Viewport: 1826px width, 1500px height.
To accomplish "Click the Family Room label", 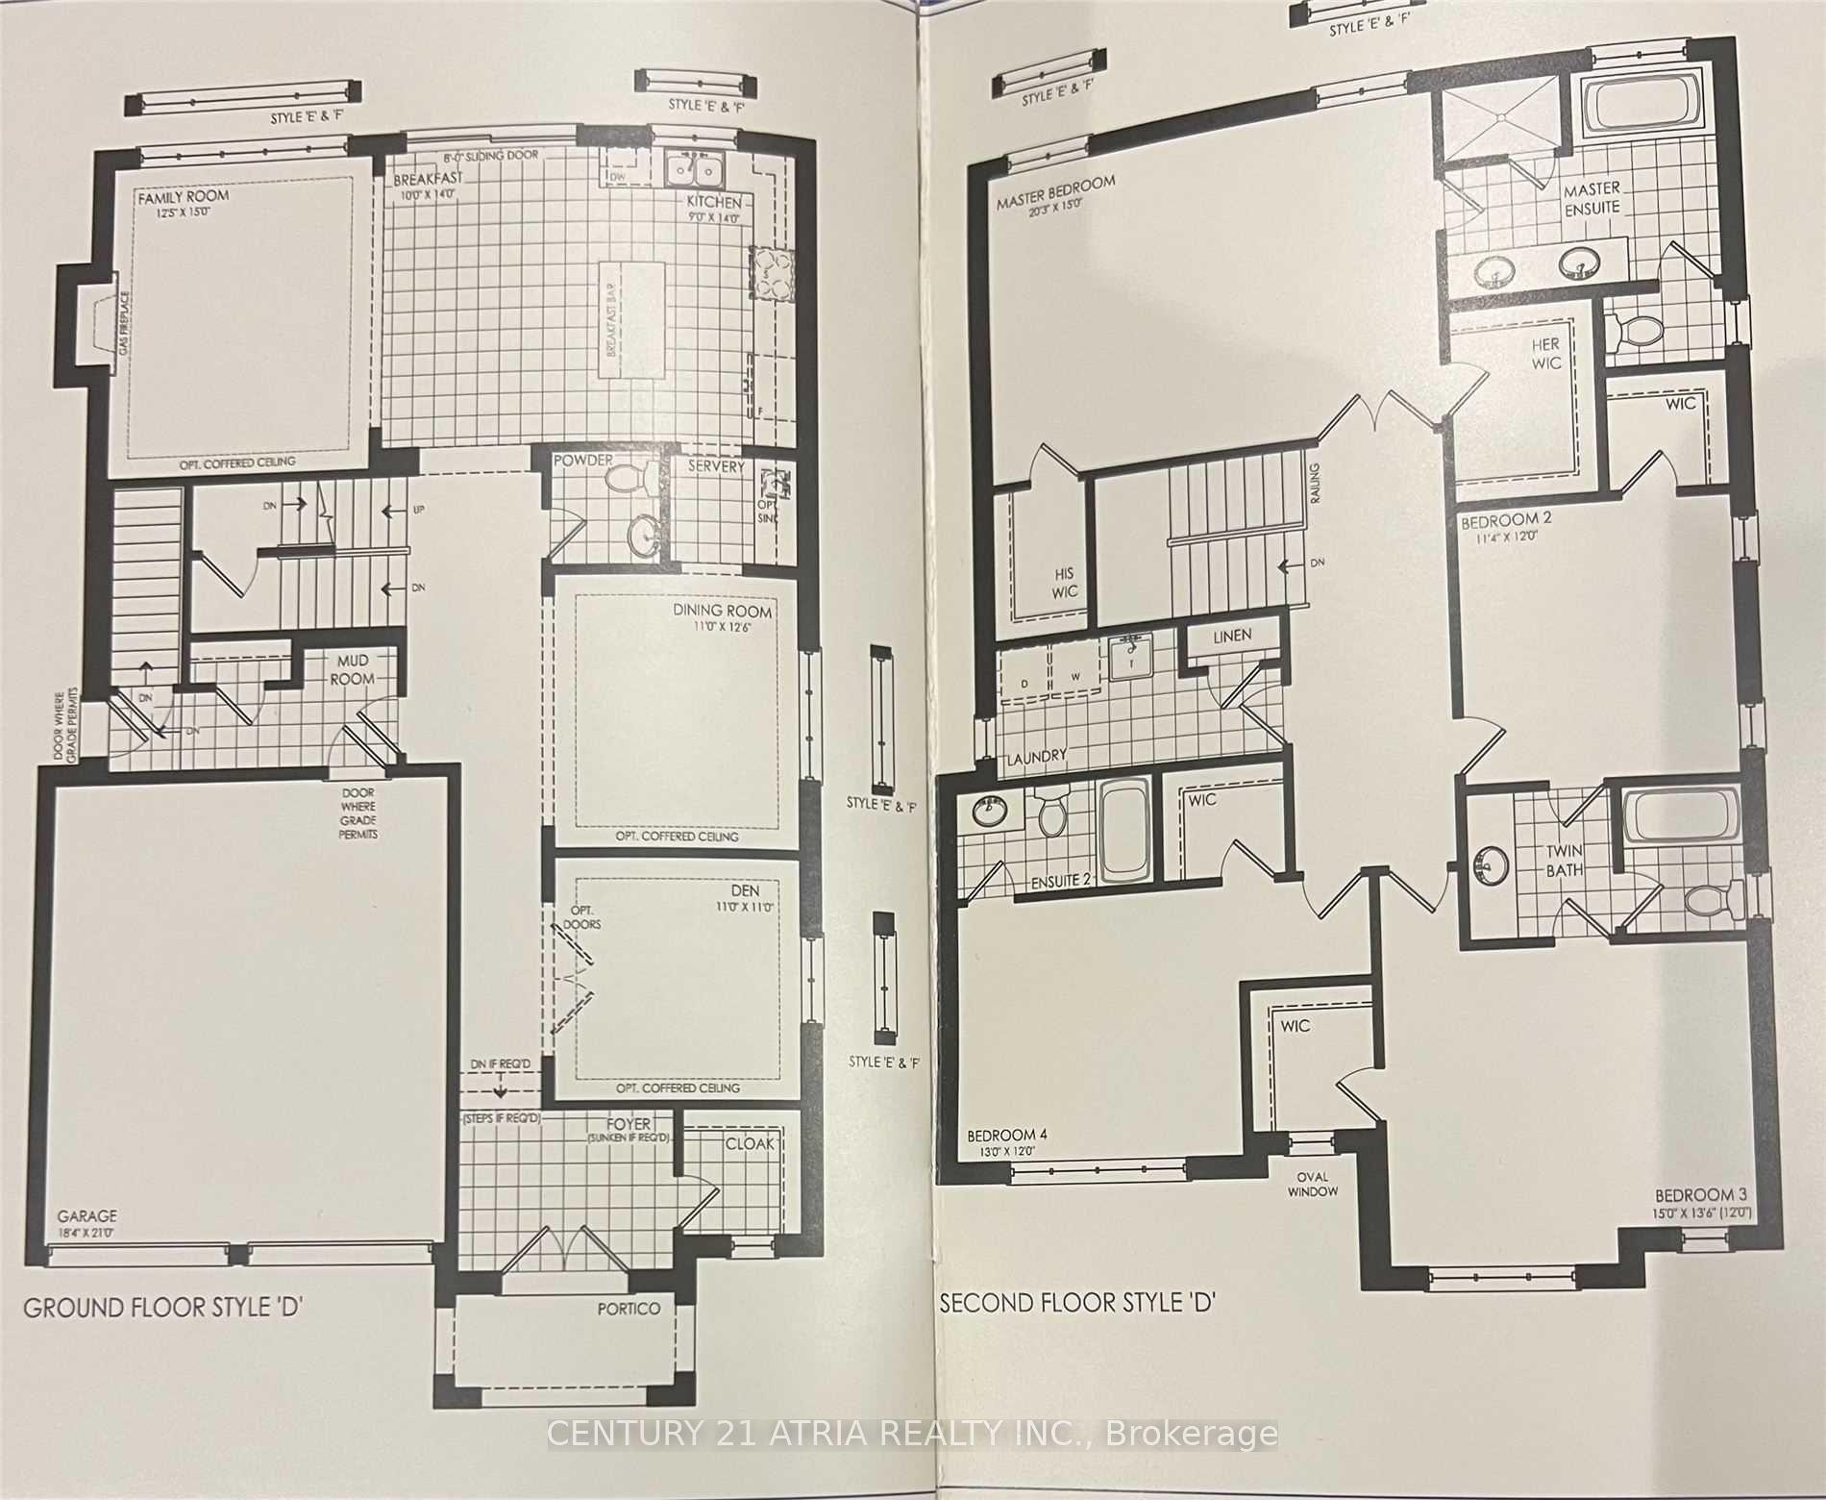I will point(183,196).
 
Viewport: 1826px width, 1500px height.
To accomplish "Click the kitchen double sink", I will point(697,170).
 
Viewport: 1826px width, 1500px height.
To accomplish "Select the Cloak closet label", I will point(752,1144).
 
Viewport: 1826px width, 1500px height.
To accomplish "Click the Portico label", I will point(629,1308).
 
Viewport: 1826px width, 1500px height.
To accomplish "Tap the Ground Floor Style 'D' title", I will point(163,1308).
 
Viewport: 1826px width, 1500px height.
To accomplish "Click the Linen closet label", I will point(1232,636).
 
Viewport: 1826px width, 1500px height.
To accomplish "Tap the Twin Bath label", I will point(1564,861).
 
